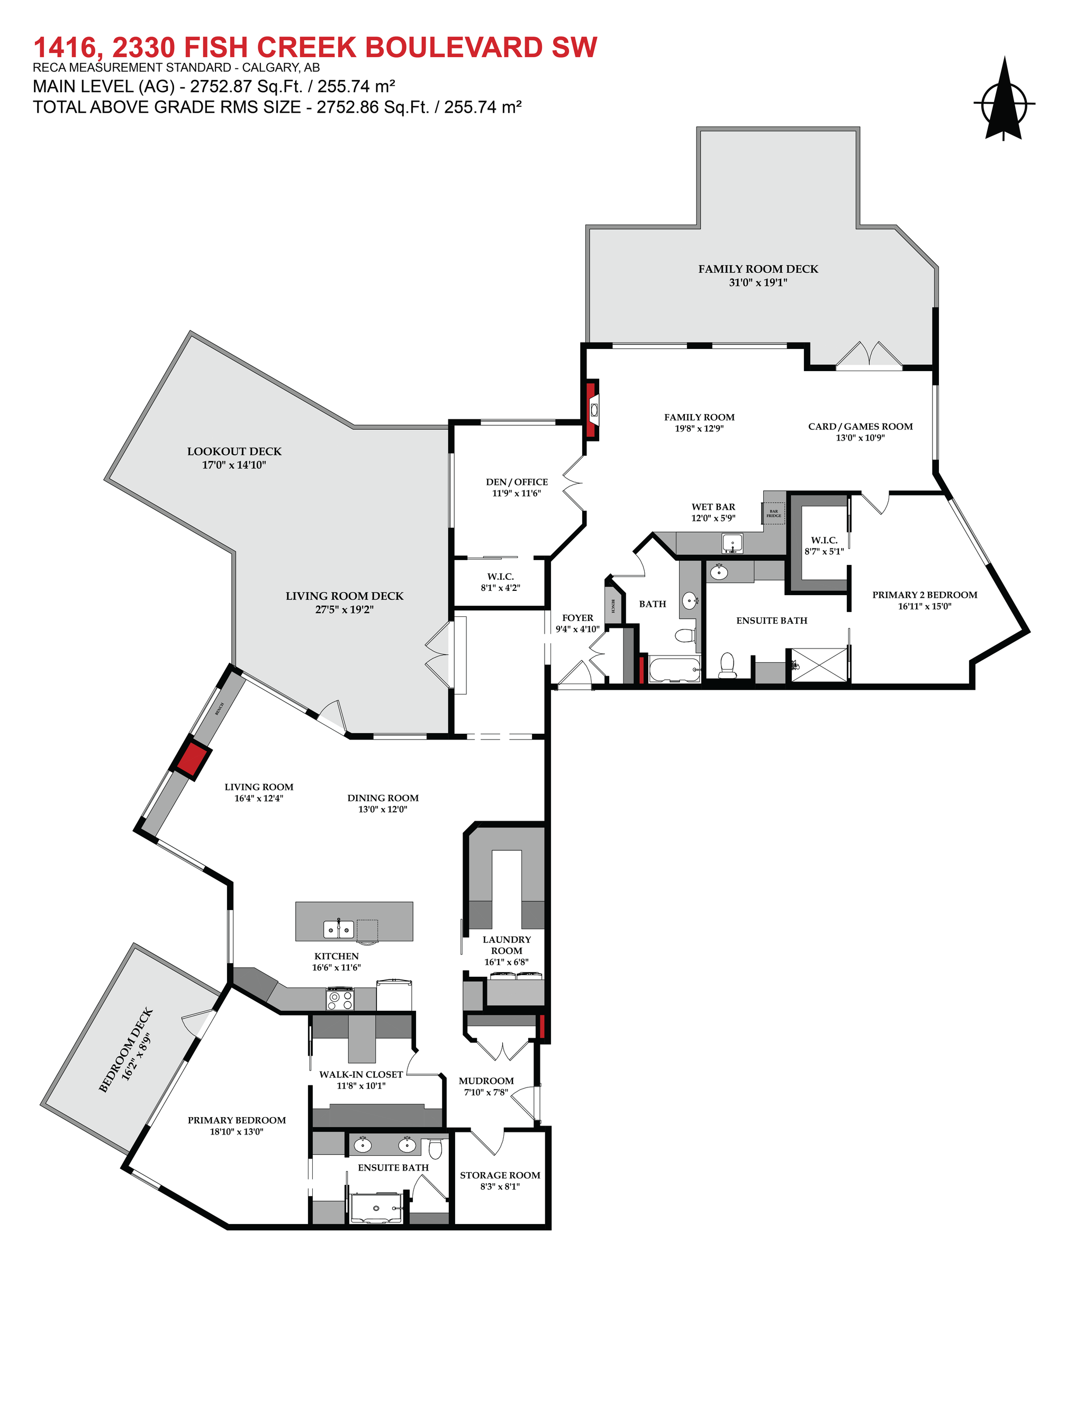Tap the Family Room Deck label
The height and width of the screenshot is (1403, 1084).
tap(758, 269)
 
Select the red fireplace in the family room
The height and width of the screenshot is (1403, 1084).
tap(591, 410)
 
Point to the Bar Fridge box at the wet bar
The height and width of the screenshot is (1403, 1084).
tap(774, 513)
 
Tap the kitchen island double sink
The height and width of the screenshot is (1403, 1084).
tap(338, 930)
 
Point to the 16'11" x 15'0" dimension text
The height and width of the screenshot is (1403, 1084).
tap(924, 606)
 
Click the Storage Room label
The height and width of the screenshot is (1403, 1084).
tap(500, 1175)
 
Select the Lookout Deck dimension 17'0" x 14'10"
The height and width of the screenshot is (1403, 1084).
tap(234, 464)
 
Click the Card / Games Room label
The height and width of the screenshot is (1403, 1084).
tap(860, 427)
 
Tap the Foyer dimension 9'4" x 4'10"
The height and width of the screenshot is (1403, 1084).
tap(577, 629)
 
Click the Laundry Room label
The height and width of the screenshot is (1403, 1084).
tap(507, 945)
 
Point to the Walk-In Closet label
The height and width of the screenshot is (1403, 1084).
tap(361, 1074)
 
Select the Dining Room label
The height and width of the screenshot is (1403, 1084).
tap(383, 798)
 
